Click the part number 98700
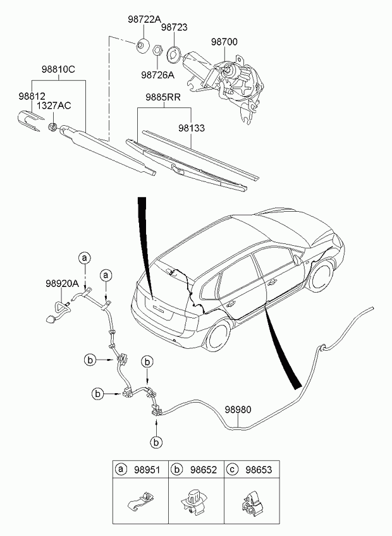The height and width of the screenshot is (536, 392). tap(224, 42)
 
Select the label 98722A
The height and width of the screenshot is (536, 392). tap(144, 20)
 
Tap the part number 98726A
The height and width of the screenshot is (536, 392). tap(157, 75)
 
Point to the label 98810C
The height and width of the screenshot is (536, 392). tap(58, 70)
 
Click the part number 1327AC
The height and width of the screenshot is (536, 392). tap(54, 106)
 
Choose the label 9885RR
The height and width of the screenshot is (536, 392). tap(163, 97)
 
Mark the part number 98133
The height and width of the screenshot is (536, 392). tap(192, 128)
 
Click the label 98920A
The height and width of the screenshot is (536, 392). tap(62, 283)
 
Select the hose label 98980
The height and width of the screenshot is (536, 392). tap(238, 409)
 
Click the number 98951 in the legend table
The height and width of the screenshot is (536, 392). tap(147, 470)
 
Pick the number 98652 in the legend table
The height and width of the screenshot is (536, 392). tap(204, 470)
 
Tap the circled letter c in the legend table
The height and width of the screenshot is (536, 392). tap(232, 470)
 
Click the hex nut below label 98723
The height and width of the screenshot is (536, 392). tap(157, 50)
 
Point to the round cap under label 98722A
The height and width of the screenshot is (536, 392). tap(142, 46)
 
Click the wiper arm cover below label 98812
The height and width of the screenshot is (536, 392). tap(30, 120)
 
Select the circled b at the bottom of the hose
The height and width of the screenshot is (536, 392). tap(156, 442)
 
